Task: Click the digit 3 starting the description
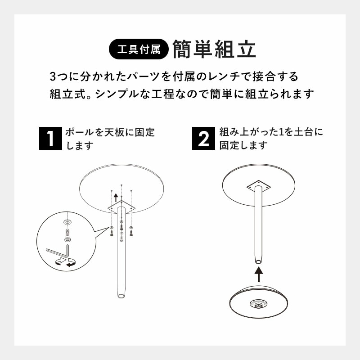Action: (x=54, y=76)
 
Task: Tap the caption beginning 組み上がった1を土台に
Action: (x=270, y=139)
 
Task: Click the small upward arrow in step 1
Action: (x=116, y=197)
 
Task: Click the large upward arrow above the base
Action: (x=258, y=271)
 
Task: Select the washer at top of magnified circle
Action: (x=67, y=222)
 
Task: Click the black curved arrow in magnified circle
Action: (x=70, y=264)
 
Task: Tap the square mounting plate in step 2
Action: (x=258, y=186)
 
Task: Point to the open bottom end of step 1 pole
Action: (x=121, y=296)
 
